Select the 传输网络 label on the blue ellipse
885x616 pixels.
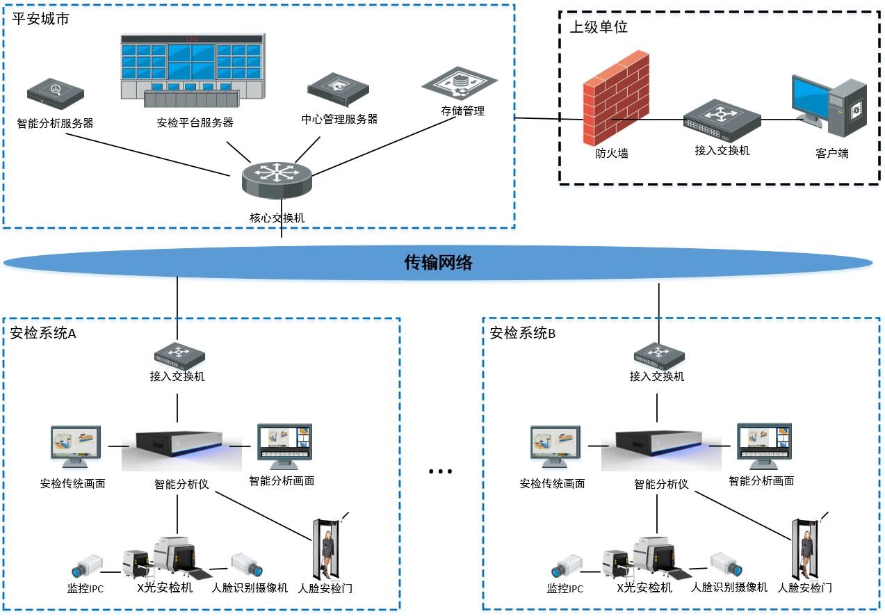[438, 262]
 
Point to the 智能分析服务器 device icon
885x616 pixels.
[56, 93]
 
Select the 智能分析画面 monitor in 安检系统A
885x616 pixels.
[284, 446]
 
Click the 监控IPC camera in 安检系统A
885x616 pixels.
[88, 566]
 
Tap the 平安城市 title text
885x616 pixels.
[40, 19]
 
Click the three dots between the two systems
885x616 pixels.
[440, 471]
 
